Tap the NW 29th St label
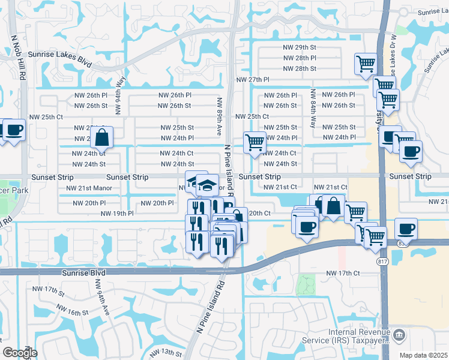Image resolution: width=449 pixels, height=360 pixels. point(300,47)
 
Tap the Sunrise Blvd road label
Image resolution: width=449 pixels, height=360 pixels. point(83,272)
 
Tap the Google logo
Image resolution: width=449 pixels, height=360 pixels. point(19,352)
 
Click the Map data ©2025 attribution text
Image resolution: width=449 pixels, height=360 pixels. point(423,355)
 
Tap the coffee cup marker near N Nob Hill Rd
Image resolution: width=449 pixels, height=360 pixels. point(14,130)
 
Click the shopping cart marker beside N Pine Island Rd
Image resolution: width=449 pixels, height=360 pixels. point(255,143)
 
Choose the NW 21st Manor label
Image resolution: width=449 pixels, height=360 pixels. point(89,188)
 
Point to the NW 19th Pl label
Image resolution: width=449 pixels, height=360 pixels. point(117,213)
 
